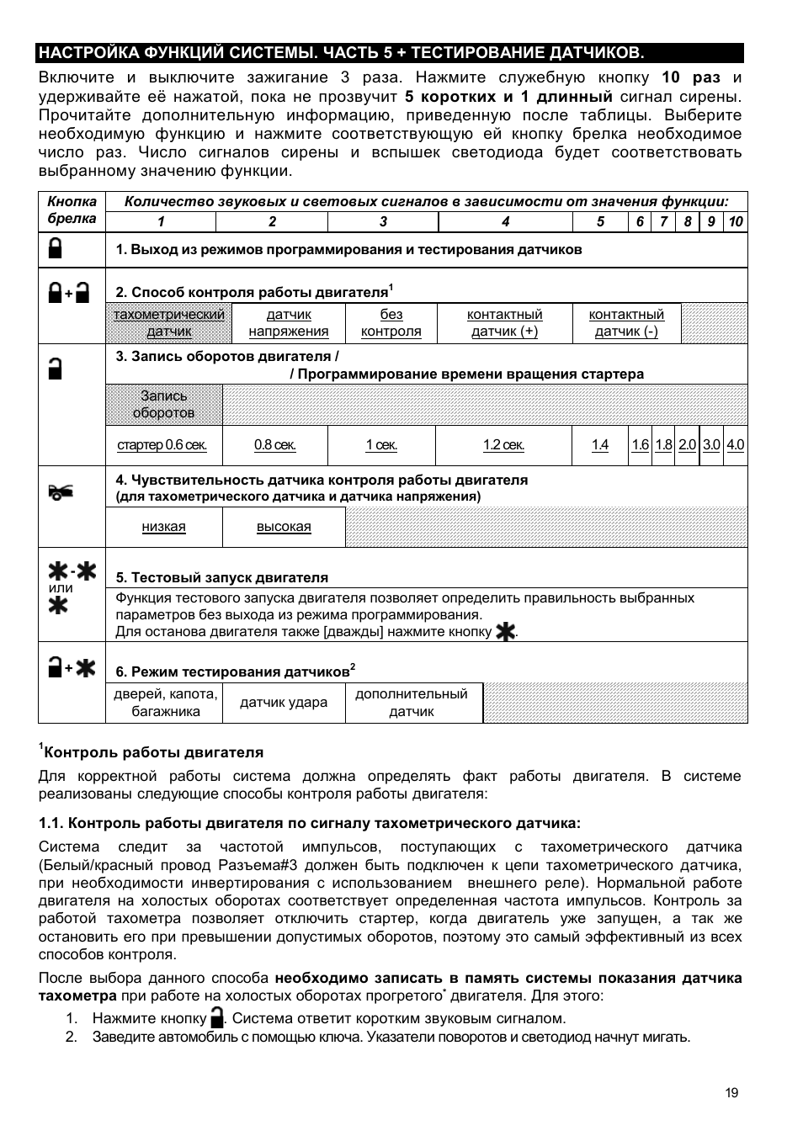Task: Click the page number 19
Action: (x=731, y=1092)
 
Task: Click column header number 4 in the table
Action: (x=505, y=222)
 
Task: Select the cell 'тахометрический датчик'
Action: (x=169, y=323)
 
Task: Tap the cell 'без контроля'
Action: (x=391, y=323)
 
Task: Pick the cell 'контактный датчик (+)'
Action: (x=504, y=323)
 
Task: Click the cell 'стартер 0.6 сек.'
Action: (x=162, y=445)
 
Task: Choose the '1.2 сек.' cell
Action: (x=503, y=445)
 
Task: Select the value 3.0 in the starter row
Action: (x=711, y=445)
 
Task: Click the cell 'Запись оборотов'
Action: (x=164, y=405)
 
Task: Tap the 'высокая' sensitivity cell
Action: (x=284, y=527)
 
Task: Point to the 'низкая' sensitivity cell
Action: (x=163, y=527)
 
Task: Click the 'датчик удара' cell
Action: (x=284, y=703)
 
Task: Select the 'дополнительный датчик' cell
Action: (x=411, y=703)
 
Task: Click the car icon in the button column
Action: (x=61, y=492)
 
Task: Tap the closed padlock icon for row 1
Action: (x=56, y=248)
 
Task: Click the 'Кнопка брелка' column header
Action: (x=72, y=210)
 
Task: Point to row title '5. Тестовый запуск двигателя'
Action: (x=222, y=577)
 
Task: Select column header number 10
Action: (x=736, y=222)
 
